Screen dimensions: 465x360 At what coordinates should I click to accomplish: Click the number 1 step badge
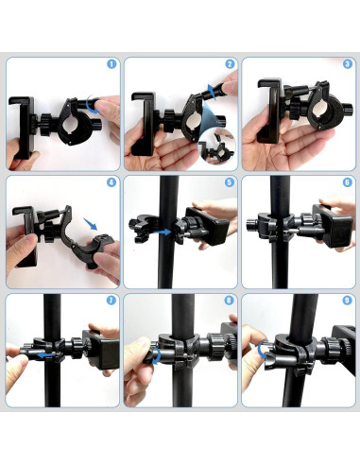[x=111, y=65]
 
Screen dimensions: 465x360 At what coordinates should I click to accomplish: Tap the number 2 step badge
[x=230, y=65]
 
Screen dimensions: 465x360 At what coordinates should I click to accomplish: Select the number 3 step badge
[x=346, y=65]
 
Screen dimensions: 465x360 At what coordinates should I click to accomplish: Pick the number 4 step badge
[x=111, y=183]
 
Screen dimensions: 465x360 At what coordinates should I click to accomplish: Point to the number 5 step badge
[x=230, y=183]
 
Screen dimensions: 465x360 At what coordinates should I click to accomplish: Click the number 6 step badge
[x=346, y=183]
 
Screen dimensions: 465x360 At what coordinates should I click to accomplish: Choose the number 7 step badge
[x=111, y=301]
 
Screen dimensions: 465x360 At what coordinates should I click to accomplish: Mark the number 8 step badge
[x=230, y=301]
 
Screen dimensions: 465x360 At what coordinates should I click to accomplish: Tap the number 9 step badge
[x=346, y=301]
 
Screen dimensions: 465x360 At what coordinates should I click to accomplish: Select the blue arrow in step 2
[x=210, y=92]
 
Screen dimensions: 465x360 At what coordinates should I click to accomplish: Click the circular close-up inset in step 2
[x=218, y=147]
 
